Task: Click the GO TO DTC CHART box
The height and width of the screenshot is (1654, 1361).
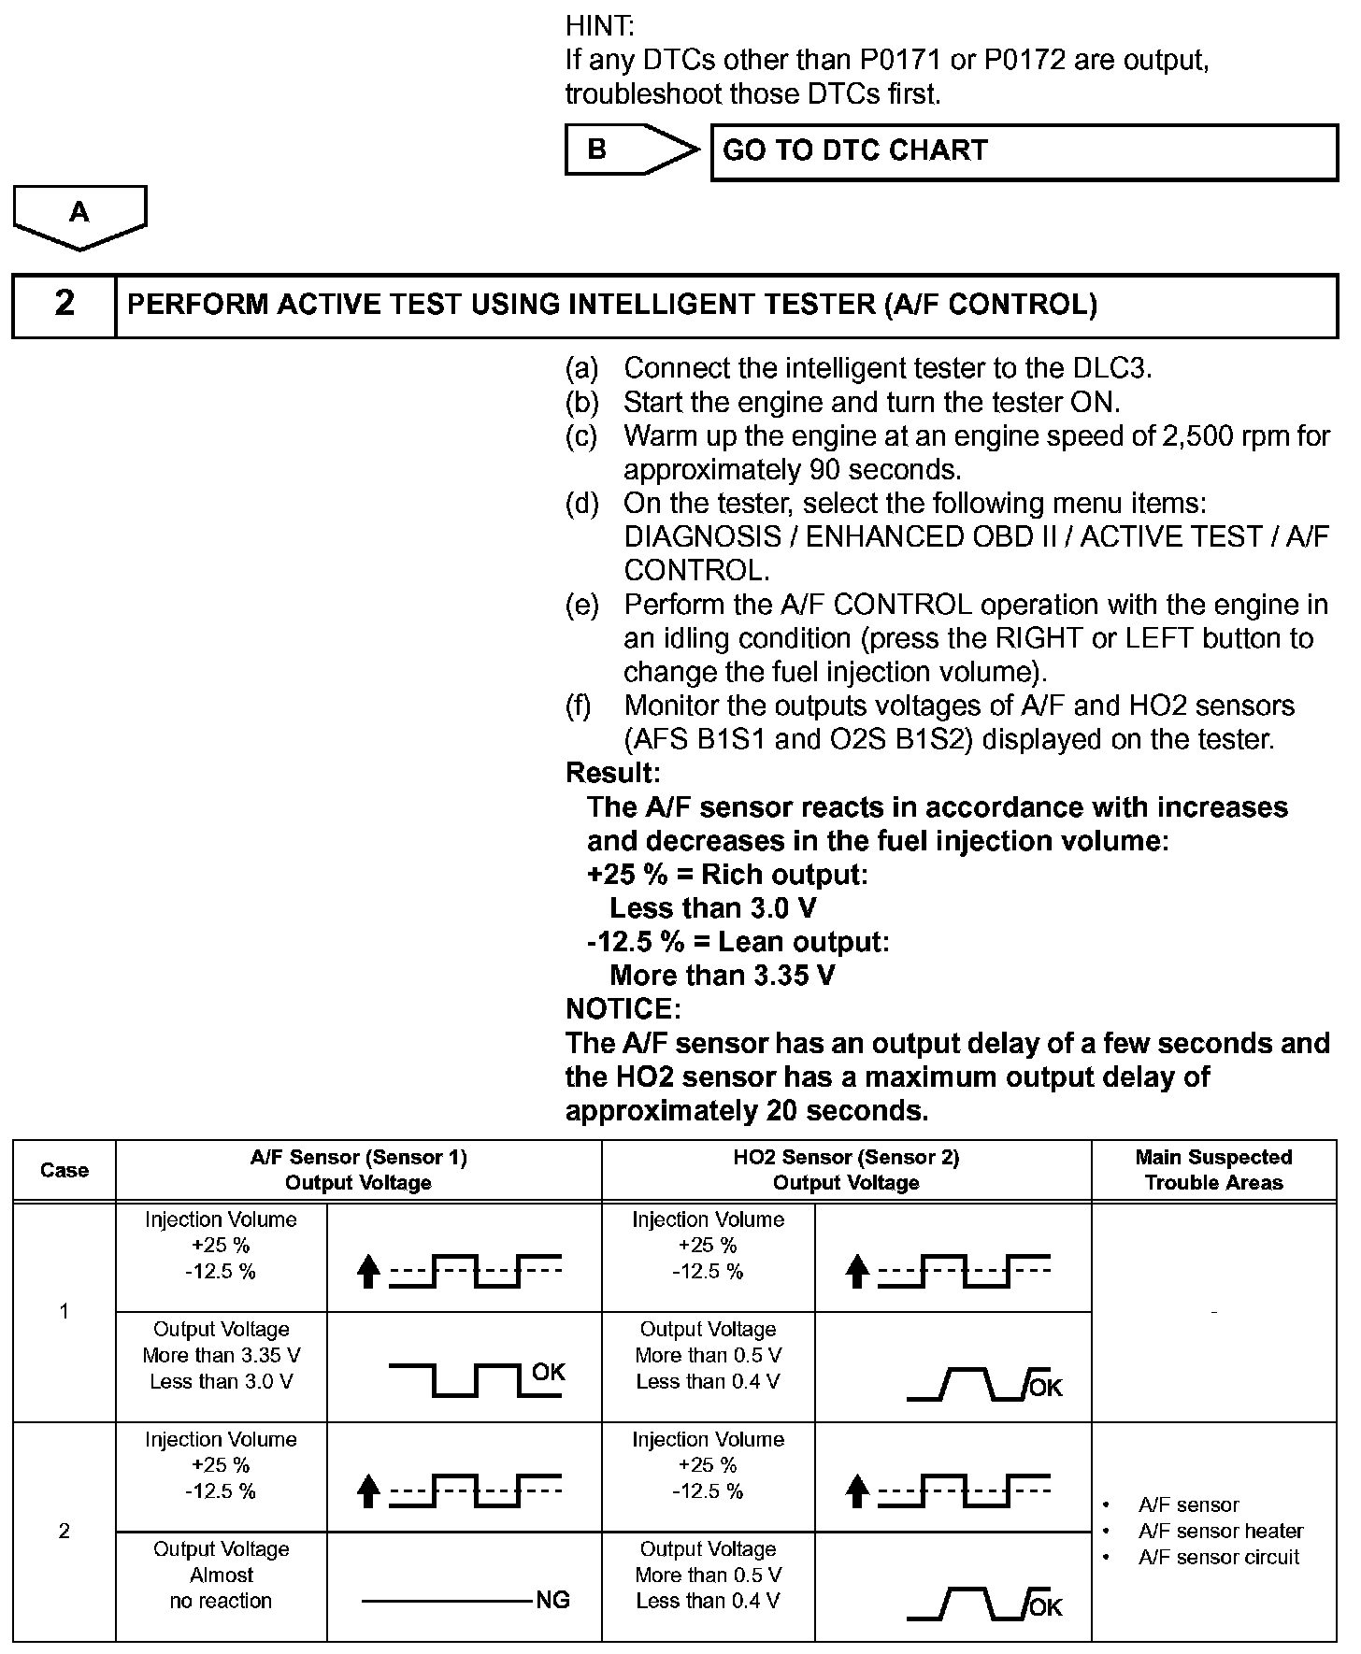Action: [1024, 151]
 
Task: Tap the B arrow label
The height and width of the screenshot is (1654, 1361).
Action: [596, 150]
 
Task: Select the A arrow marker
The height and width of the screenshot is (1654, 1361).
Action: [79, 214]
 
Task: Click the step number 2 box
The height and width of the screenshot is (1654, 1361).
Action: [64, 305]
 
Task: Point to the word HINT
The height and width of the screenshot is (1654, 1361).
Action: [599, 26]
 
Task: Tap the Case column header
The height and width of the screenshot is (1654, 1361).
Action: [64, 1170]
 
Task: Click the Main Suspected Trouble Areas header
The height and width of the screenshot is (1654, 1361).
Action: [1213, 1170]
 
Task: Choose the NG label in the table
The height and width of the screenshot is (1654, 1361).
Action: [552, 1601]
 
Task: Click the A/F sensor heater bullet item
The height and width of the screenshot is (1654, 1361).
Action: [1220, 1531]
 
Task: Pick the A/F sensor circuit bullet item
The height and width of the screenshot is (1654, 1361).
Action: [1218, 1557]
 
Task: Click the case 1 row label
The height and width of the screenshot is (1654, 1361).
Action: [64, 1311]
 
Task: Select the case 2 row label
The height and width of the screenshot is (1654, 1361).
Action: [64, 1531]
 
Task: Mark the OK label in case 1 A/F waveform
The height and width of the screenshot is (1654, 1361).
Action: [548, 1372]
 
